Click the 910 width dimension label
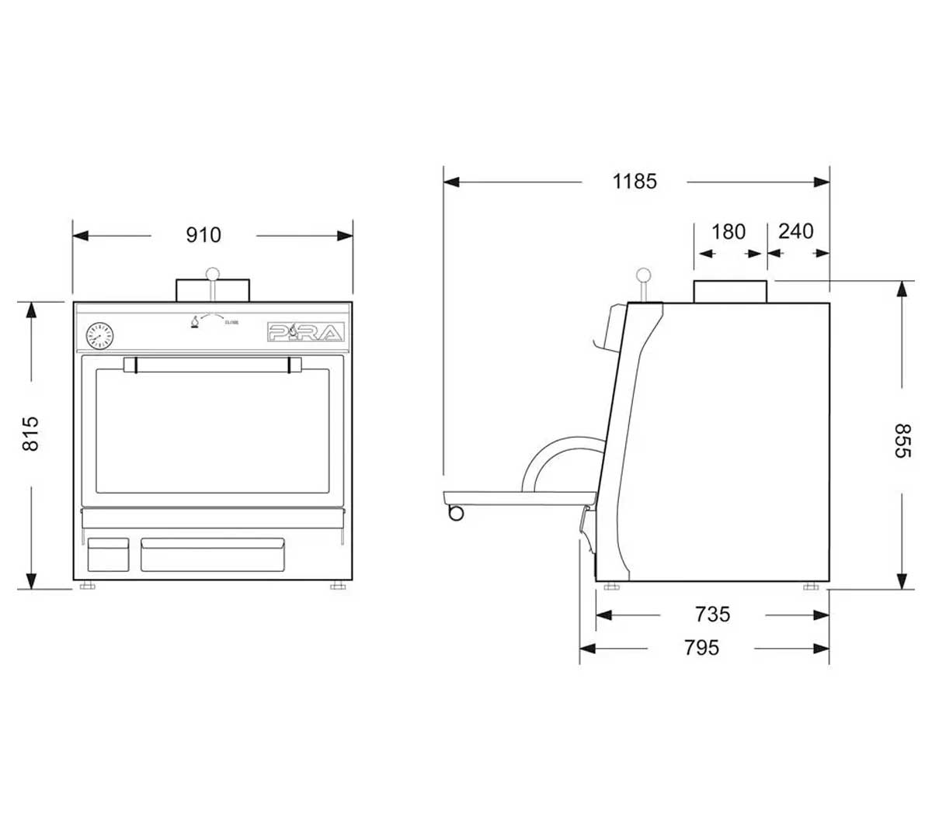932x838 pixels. coord(203,235)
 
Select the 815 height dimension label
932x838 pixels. coord(30,434)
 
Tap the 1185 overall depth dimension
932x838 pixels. coord(635,182)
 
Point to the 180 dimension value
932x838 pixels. coord(729,232)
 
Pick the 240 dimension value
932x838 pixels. coord(796,232)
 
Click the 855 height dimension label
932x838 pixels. coord(902,441)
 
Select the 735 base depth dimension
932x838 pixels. coord(712,615)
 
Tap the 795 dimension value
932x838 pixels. coord(701,647)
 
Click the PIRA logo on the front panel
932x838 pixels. coord(305,332)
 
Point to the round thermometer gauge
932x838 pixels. coord(99,336)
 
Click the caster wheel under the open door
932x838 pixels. coord(455,512)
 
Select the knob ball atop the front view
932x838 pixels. coord(212,274)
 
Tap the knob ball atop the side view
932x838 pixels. coord(643,275)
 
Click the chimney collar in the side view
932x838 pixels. coord(731,291)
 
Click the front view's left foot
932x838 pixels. coord(88,586)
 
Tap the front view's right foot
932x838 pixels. coord(337,586)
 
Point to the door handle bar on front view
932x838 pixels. coord(212,365)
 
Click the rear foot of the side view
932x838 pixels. coord(810,586)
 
